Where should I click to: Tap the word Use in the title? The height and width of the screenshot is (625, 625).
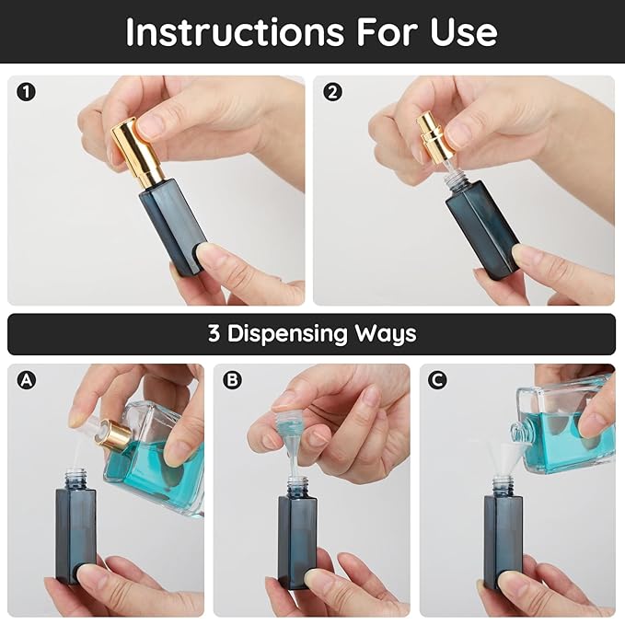tap(459, 32)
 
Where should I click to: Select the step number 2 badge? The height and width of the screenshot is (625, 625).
tap(331, 92)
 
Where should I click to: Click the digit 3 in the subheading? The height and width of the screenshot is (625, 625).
tap(214, 333)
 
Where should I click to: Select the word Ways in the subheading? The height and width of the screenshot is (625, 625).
tap(391, 333)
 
